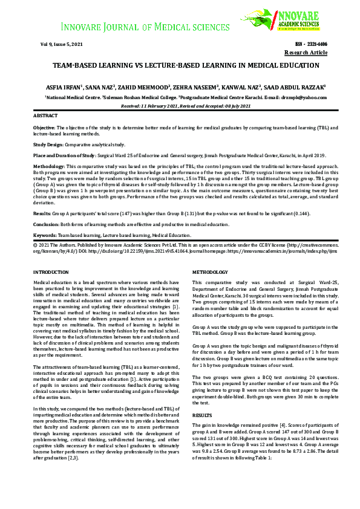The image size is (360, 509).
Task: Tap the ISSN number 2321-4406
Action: [312, 44]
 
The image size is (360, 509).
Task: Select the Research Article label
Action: [306, 53]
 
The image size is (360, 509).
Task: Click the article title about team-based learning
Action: [180, 65]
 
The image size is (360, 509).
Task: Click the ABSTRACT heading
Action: [45, 115]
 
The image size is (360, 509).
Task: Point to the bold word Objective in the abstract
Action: [44, 128]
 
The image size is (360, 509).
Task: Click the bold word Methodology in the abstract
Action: [48, 166]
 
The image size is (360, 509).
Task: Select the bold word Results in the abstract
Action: [41, 213]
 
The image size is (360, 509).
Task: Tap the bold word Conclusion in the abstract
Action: [46, 224]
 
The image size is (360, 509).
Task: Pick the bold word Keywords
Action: [45, 234]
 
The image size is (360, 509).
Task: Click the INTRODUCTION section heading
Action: [51, 273]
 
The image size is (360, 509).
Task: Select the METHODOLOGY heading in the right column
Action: [210, 273]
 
